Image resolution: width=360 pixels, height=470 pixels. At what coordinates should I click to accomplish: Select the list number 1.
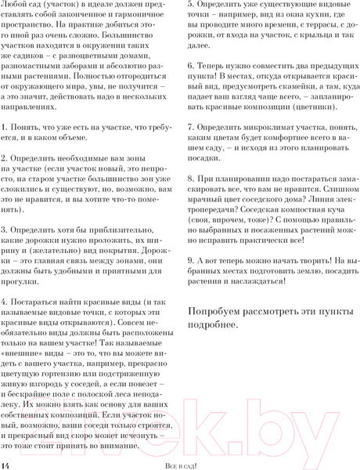5,126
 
